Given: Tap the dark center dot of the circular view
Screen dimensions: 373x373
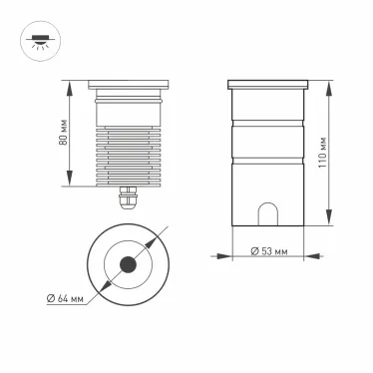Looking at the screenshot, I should [128, 265].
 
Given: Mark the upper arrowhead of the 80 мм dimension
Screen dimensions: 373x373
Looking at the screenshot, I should [71, 84].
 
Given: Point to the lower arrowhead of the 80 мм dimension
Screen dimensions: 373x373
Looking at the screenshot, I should [71, 185].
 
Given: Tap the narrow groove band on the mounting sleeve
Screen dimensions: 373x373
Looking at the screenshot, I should [266, 126].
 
